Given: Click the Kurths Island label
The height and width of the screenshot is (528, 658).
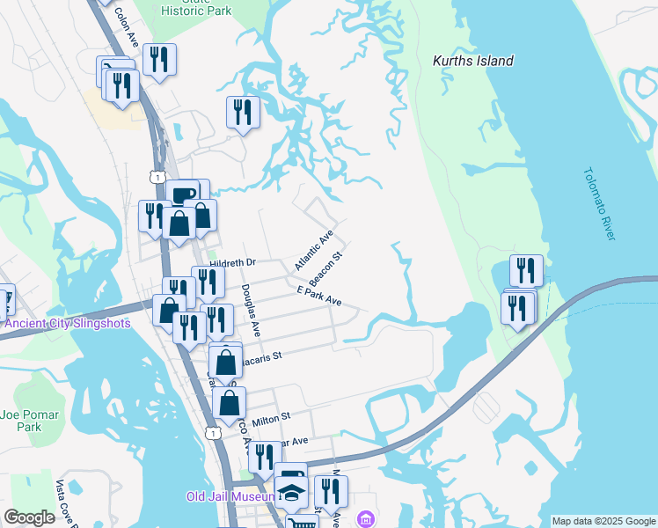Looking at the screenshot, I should [x=473, y=62].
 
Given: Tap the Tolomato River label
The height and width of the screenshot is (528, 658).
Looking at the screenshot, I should [x=601, y=203].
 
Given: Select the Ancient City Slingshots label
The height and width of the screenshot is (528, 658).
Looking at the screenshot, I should [x=67, y=323].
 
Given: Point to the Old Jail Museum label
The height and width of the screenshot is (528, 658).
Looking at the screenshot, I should [x=230, y=496].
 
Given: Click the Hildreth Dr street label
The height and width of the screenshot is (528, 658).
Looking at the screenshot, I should [x=233, y=262].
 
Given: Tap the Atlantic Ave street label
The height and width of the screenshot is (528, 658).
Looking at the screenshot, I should [x=314, y=251].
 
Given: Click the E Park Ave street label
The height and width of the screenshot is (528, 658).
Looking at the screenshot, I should [x=318, y=296].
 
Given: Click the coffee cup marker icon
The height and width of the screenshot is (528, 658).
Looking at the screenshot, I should [x=183, y=194].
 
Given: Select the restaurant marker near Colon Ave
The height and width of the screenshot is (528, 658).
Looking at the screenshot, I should [x=159, y=59].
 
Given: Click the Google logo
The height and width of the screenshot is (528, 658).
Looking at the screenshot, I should [x=30, y=517].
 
